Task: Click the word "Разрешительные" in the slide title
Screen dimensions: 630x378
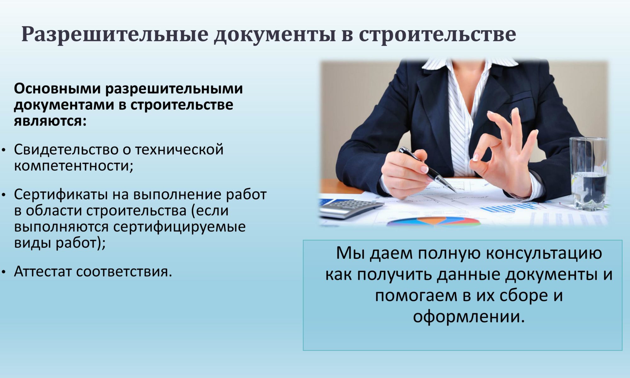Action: pyautogui.click(x=115, y=34)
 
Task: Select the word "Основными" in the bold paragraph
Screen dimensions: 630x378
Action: pyautogui.click(x=57, y=89)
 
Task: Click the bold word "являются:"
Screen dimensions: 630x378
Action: pyautogui.click(x=50, y=121)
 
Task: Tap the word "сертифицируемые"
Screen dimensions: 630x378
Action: pyautogui.click(x=179, y=227)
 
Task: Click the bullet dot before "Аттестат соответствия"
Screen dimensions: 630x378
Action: pyautogui.click(x=4, y=272)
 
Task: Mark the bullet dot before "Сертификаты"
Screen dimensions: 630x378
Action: pyautogui.click(x=4, y=195)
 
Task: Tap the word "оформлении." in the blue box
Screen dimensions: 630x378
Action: pyautogui.click(x=469, y=316)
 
